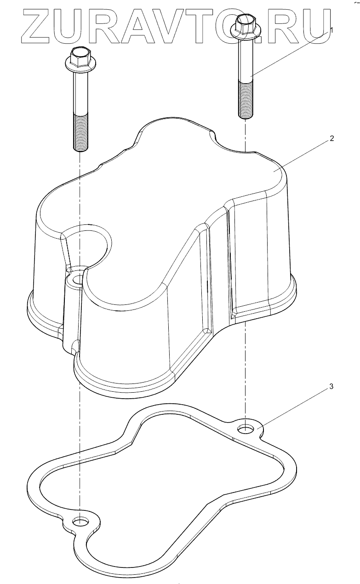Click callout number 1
click(331, 30)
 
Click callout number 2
click(331, 138)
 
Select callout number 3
click(331, 386)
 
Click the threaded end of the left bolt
click(81, 133)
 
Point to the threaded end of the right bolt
click(245, 100)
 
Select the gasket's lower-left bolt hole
click(81, 522)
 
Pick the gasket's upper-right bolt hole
click(246, 428)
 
